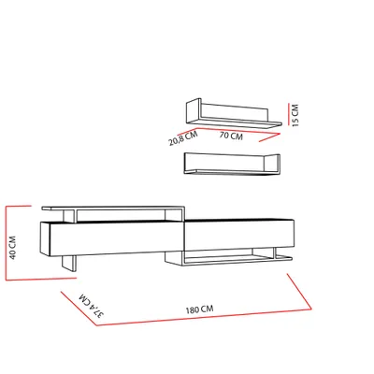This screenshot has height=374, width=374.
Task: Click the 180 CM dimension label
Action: pos(200,309)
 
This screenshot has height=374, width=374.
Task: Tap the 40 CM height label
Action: pos(13,248)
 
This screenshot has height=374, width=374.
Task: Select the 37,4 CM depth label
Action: pos(92,305)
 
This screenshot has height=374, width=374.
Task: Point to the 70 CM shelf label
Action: pos(231,136)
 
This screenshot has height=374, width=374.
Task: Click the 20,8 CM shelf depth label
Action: pos(183,138)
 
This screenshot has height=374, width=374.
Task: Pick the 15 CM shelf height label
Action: pos(295,115)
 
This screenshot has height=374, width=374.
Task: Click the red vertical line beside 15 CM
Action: pos(289,114)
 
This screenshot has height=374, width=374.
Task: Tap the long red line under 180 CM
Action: pos(204,317)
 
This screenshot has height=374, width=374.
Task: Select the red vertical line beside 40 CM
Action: pos(7,243)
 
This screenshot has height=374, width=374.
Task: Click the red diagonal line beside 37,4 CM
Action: pos(79,309)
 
